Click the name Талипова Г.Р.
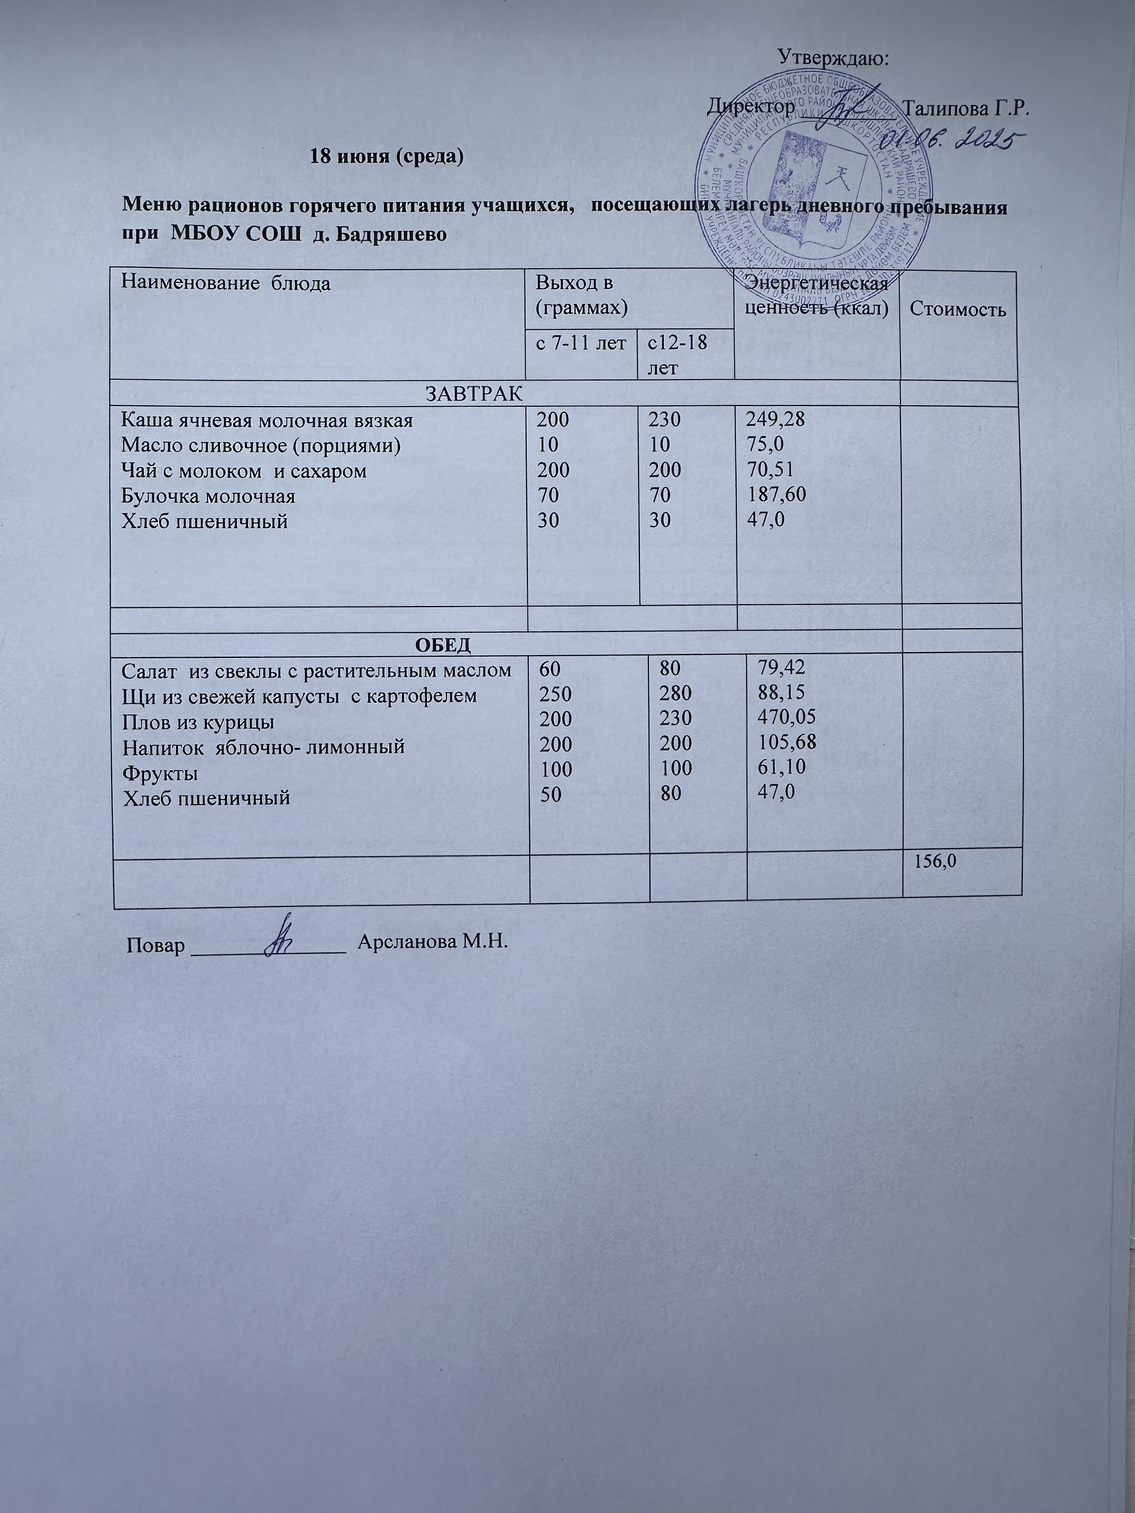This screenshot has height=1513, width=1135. [966, 109]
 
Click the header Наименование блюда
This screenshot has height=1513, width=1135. [226, 283]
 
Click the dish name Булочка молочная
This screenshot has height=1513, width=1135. [208, 496]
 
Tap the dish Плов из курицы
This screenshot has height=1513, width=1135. [199, 722]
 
